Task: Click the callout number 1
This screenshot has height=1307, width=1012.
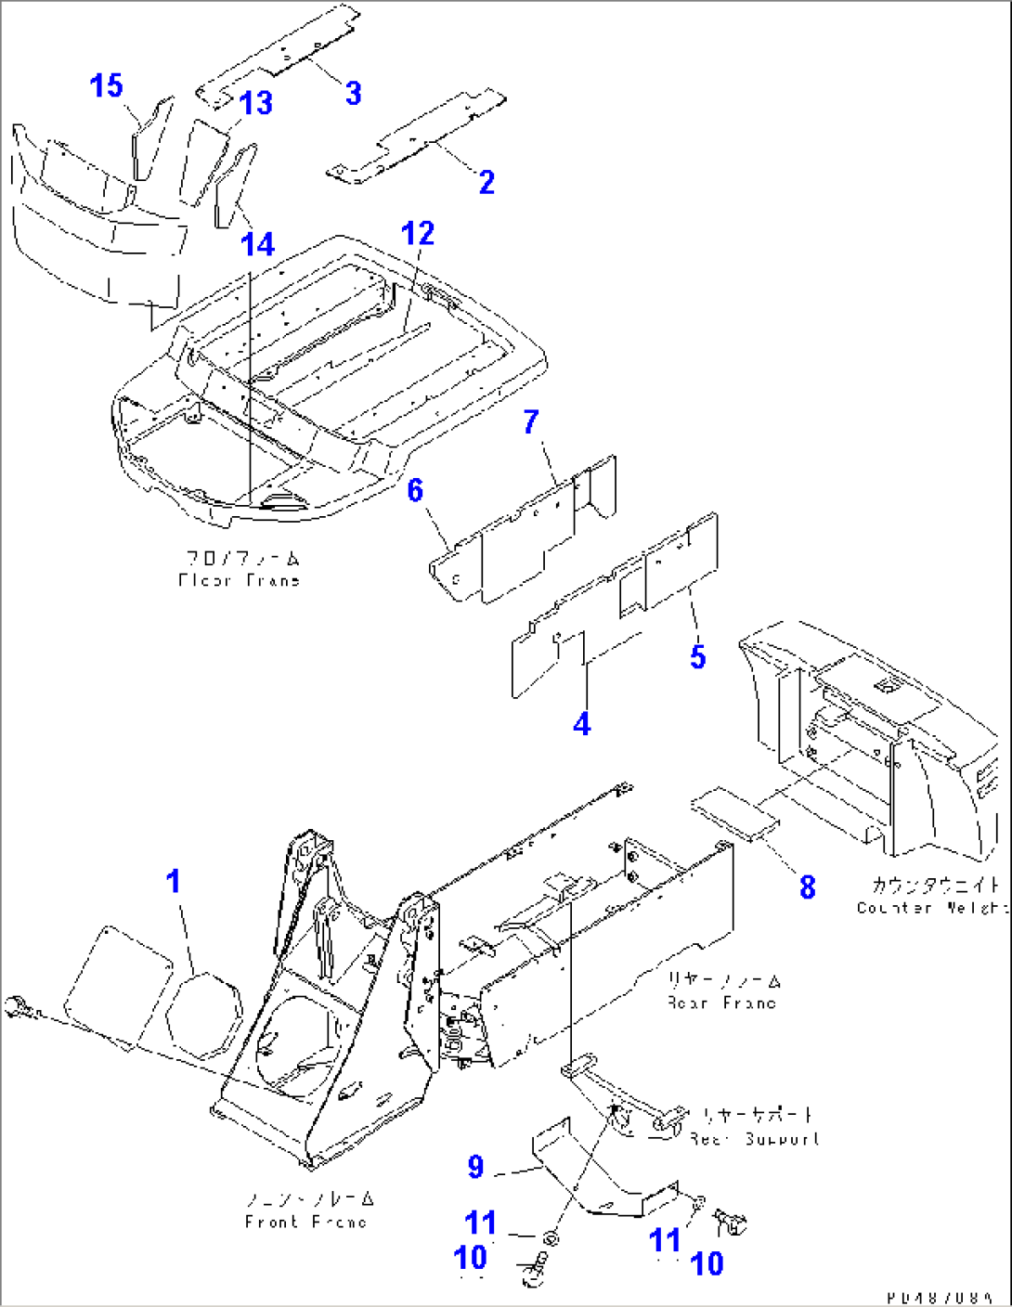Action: (x=174, y=881)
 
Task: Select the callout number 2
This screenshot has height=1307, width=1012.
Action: (x=487, y=182)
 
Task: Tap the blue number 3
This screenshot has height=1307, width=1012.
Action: (x=353, y=94)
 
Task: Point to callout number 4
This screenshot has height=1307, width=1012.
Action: (x=582, y=724)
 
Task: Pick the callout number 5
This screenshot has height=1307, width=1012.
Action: (x=698, y=657)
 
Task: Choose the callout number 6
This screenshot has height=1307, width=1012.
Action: (x=416, y=490)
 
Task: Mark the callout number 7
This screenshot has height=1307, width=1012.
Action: (x=530, y=422)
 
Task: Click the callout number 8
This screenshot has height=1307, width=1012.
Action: (x=808, y=887)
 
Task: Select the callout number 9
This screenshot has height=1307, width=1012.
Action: (x=475, y=1167)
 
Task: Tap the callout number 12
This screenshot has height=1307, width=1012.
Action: (x=418, y=234)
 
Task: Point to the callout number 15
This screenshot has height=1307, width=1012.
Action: (x=107, y=86)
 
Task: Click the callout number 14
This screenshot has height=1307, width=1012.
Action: (x=258, y=245)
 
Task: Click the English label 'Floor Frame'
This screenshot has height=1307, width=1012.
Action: (x=240, y=581)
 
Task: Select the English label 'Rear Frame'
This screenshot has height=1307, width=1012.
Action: (x=721, y=1003)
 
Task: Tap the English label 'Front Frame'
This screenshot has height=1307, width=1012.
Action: (x=305, y=1223)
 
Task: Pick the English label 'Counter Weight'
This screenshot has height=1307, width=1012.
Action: (x=930, y=908)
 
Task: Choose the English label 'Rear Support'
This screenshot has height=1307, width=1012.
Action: (x=755, y=1139)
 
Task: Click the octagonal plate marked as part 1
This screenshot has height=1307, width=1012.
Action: (x=204, y=1015)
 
